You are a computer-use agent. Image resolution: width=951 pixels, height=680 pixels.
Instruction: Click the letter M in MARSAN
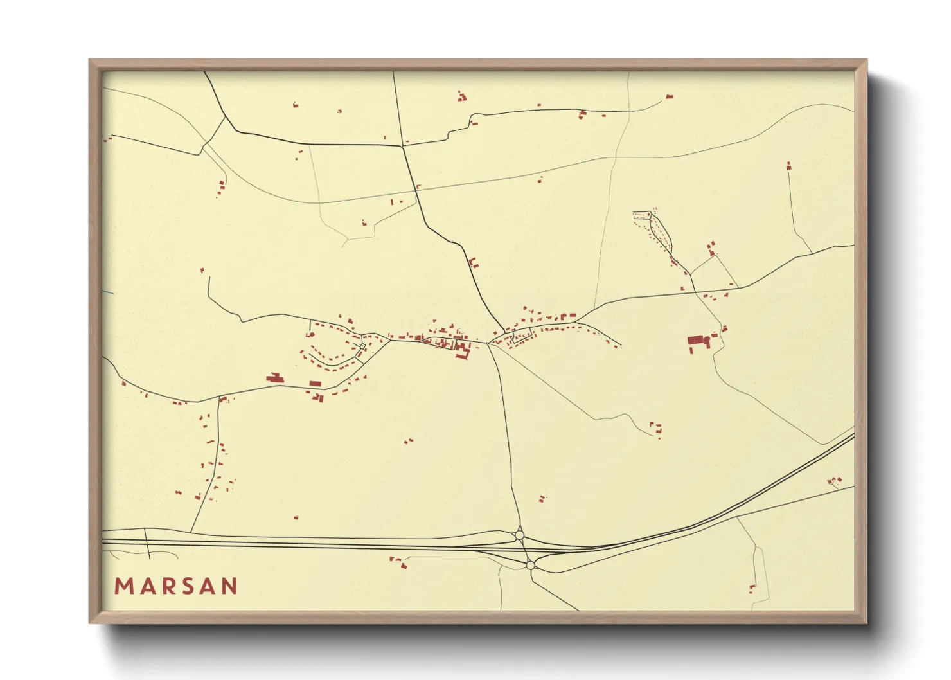[x=123, y=586]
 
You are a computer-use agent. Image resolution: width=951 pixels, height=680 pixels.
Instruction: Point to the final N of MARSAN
[x=229, y=586]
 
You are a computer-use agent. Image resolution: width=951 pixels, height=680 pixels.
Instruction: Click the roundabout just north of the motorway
[x=519, y=535]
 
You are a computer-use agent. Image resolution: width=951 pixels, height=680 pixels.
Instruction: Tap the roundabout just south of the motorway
[x=530, y=565]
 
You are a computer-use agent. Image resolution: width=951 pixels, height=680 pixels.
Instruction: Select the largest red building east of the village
[x=695, y=341]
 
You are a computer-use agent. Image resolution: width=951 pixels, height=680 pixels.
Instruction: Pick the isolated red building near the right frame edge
[x=788, y=166]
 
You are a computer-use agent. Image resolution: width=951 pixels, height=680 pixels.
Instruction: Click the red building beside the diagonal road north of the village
[x=474, y=262]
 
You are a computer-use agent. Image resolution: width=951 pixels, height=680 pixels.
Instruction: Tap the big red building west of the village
[x=275, y=379]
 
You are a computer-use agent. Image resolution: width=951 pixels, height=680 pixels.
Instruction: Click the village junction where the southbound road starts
[x=489, y=343]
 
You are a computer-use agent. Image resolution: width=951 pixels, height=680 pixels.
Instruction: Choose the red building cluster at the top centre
[x=461, y=97]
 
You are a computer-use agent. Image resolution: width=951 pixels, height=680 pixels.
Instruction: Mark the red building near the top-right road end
[x=669, y=96]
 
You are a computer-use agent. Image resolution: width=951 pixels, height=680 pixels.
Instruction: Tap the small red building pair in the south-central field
[x=408, y=442]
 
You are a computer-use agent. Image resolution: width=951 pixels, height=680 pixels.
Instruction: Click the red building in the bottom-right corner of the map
[x=751, y=587]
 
